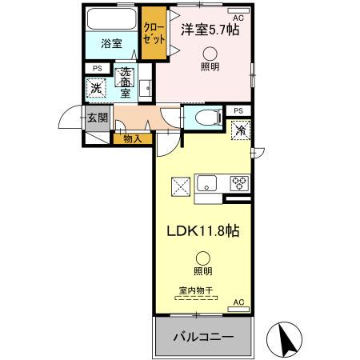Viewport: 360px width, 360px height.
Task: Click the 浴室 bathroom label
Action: (111, 44)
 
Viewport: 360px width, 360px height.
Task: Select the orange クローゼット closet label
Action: (152, 33)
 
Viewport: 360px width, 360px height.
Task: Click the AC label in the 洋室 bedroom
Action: (238, 16)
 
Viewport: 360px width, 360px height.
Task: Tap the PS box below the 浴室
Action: (97, 68)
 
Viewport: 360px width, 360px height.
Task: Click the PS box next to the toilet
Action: (238, 110)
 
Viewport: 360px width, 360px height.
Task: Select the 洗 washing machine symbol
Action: (96, 87)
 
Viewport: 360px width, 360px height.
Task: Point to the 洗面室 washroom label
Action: (125, 82)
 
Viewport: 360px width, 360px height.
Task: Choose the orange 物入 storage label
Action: (133, 139)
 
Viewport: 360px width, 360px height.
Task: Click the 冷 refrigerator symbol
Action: (239, 129)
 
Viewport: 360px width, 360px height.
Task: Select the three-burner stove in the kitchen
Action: (239, 182)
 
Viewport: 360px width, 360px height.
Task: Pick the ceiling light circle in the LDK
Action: (203, 258)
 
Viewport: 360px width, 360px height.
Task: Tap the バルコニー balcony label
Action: (204, 338)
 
